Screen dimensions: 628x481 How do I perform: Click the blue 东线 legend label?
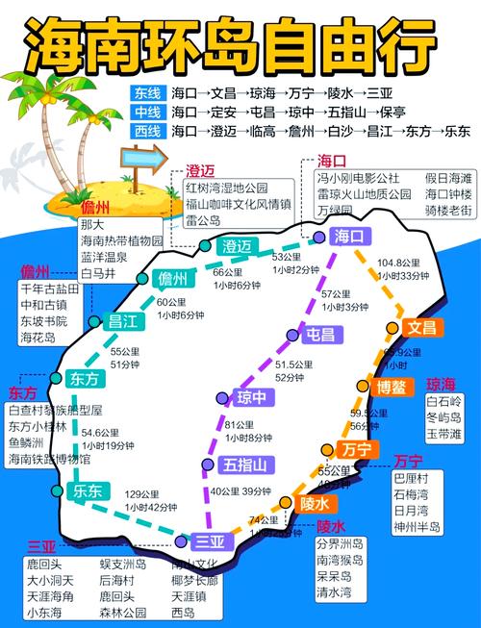(148, 93)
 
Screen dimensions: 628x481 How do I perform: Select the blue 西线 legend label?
(148, 130)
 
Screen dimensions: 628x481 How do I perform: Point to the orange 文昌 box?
(420, 328)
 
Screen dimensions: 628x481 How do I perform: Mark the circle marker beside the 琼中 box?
(221, 396)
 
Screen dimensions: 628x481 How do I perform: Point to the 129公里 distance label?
(143, 493)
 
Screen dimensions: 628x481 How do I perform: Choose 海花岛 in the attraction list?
(38, 338)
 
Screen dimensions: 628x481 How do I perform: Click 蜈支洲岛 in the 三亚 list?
(122, 565)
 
